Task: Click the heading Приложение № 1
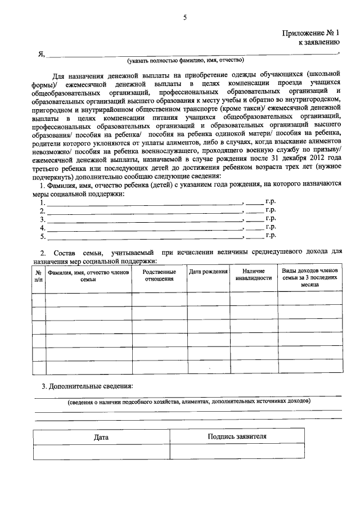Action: [x=311, y=33]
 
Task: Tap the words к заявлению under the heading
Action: [x=319, y=42]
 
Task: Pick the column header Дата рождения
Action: [x=208, y=272]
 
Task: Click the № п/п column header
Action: [x=38, y=276]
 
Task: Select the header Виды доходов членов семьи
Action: [x=309, y=278]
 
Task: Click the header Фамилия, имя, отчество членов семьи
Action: [x=88, y=276]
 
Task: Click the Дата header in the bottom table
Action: [x=101, y=437]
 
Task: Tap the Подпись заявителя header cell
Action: [x=237, y=436]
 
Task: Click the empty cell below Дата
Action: [x=101, y=452]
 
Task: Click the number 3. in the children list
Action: [x=43, y=219]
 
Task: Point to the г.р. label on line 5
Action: [x=271, y=236]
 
